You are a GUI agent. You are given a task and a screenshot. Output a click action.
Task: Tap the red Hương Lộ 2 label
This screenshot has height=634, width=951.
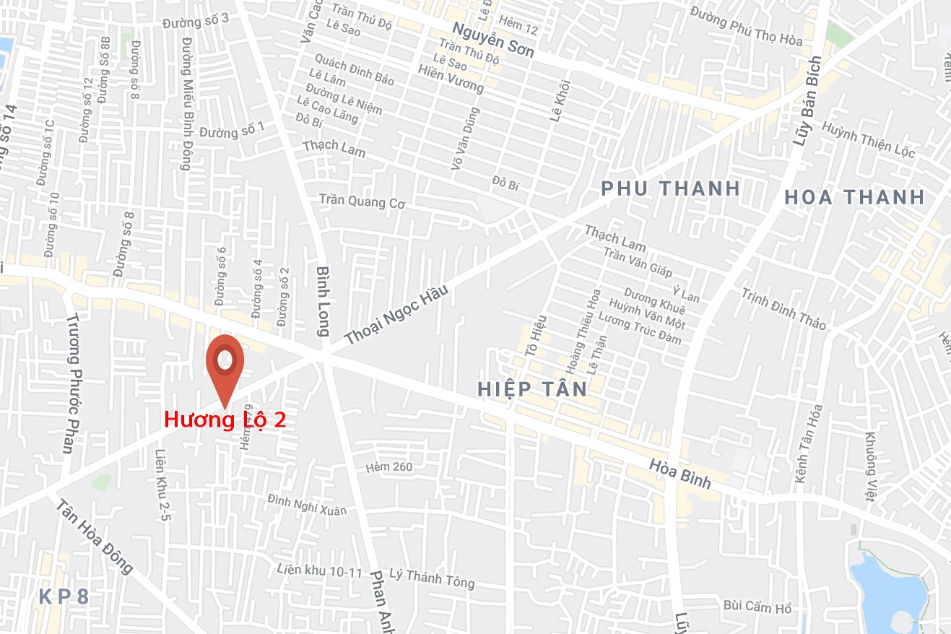(x=225, y=420)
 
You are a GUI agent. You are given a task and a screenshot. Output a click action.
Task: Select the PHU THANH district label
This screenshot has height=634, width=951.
(x=671, y=188)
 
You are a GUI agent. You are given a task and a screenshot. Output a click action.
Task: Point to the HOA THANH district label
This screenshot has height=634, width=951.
(x=854, y=196)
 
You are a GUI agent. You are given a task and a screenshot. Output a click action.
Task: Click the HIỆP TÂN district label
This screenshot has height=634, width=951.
(x=532, y=389)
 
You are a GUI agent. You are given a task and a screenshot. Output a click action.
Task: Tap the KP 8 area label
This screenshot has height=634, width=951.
(x=64, y=597)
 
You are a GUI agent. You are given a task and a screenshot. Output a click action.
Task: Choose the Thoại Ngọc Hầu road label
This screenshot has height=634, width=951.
(x=396, y=314)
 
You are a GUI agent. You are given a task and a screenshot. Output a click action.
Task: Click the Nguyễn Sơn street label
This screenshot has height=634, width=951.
(x=493, y=40)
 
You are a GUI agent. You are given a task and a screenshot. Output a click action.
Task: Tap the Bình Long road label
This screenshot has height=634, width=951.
(x=323, y=300)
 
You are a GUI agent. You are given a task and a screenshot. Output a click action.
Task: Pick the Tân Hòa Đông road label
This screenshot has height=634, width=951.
(x=95, y=538)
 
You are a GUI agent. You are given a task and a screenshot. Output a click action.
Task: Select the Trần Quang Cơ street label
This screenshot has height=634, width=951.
(x=362, y=201)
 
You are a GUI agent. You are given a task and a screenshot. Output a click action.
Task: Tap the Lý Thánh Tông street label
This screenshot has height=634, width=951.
(x=432, y=578)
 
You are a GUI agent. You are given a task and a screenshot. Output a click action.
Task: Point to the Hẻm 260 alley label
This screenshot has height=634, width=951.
(x=388, y=466)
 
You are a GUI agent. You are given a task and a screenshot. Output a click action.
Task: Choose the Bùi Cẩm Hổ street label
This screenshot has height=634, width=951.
(x=757, y=607)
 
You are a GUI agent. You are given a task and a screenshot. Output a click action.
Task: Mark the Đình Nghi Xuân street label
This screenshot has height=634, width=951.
(x=307, y=504)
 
